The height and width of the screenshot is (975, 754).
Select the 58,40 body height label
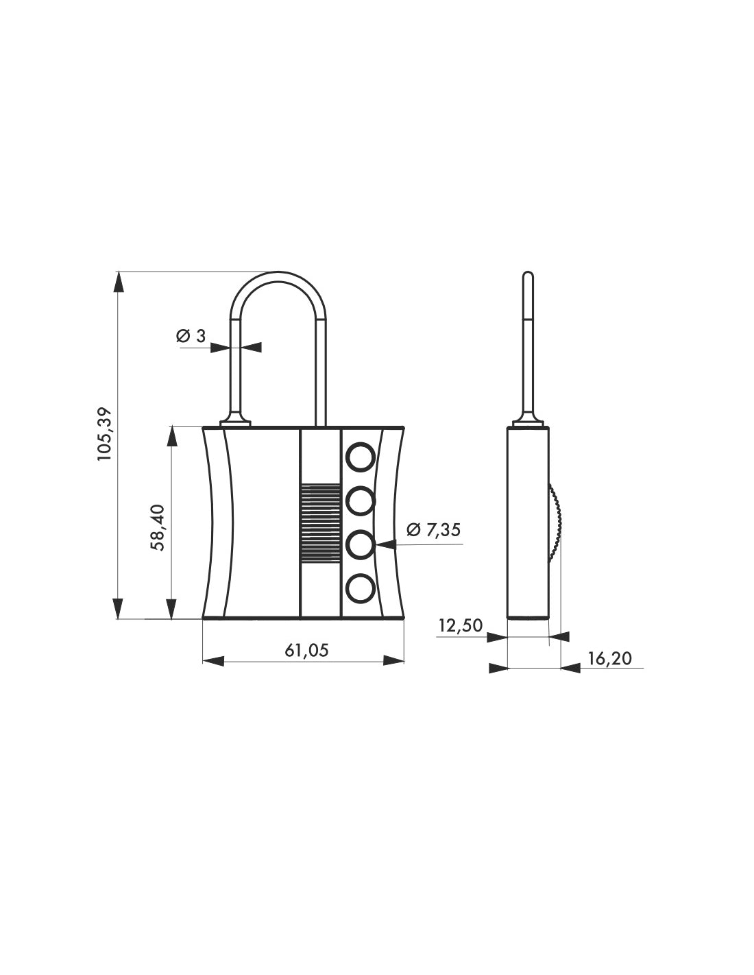[x=158, y=527]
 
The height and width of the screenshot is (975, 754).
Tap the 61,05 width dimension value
[x=306, y=650]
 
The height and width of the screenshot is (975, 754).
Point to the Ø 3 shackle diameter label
[x=191, y=336]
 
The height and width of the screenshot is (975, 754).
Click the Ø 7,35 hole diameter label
[x=433, y=529]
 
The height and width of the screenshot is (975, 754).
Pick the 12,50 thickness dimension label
[x=461, y=625]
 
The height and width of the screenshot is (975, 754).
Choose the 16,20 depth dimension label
[x=609, y=658]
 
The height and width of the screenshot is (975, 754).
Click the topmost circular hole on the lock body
[x=360, y=457]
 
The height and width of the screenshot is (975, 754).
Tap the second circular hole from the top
[x=360, y=501]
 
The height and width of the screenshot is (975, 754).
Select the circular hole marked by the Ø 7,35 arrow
[x=360, y=545]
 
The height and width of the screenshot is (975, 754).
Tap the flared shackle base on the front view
[x=235, y=420]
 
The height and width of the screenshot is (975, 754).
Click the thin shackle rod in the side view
[x=527, y=343]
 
